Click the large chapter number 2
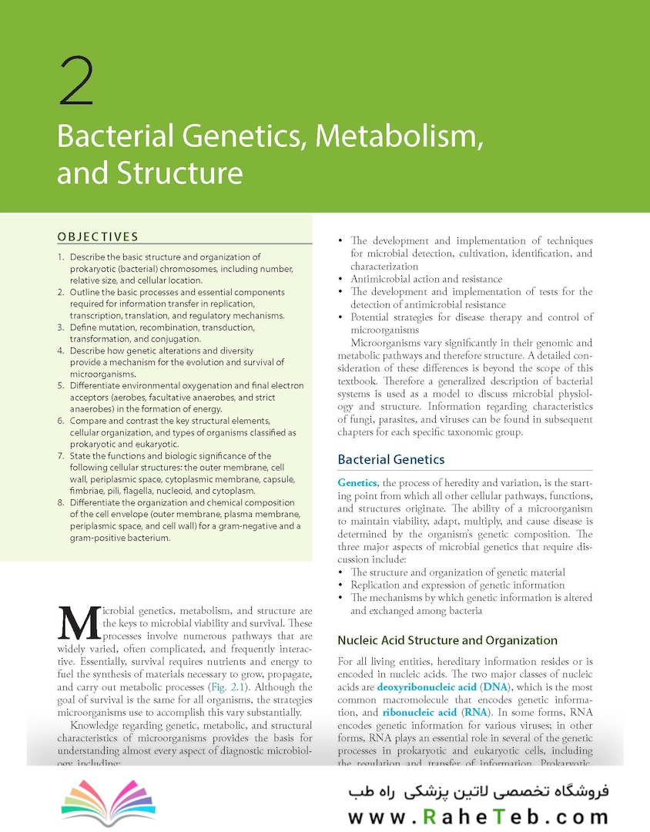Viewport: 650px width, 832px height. coord(75,82)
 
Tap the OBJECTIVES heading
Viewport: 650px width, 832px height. coord(98,237)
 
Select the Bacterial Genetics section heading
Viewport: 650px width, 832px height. coord(391,459)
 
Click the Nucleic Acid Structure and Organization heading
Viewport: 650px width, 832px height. coord(447,640)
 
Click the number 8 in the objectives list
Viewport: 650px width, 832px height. coord(62,502)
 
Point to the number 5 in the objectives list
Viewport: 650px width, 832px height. coord(62,385)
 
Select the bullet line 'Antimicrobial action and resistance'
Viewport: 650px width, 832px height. coord(426,279)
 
